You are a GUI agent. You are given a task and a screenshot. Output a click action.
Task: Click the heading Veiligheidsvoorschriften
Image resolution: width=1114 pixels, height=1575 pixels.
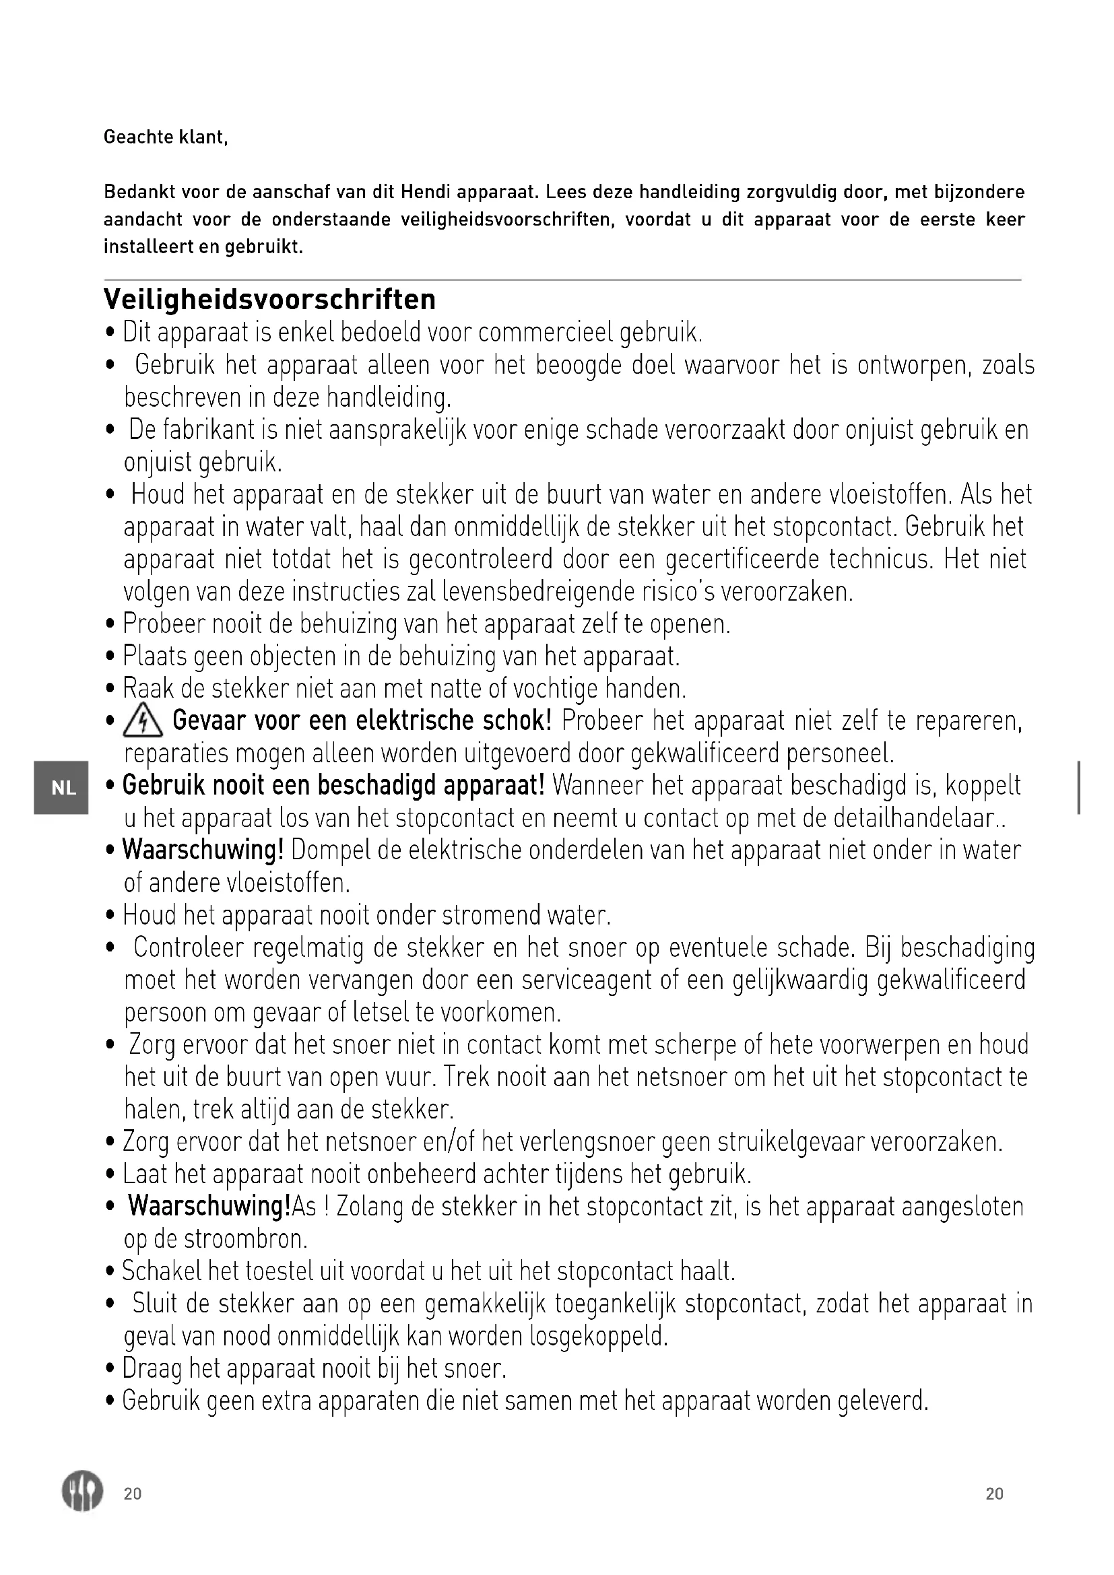[x=269, y=300]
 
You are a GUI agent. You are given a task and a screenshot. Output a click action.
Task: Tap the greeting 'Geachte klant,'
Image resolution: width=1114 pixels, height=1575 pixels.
[x=165, y=137]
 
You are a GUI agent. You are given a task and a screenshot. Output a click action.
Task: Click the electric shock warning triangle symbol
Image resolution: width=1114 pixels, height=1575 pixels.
[x=143, y=723]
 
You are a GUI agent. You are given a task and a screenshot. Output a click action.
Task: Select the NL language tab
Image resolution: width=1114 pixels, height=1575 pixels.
[x=63, y=789]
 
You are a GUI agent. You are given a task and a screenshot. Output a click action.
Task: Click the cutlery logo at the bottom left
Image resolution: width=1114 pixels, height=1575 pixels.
[x=82, y=1493]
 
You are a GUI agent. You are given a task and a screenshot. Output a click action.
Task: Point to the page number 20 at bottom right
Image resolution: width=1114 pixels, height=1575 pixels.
[x=994, y=1494]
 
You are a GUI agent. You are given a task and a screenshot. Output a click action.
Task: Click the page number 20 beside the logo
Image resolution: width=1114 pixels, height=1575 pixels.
[x=133, y=1494]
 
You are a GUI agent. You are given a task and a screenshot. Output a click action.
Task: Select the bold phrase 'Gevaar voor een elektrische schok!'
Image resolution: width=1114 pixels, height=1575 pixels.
[x=362, y=721]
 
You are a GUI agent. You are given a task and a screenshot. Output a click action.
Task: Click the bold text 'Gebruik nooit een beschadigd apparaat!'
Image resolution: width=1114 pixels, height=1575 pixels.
[x=333, y=785]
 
